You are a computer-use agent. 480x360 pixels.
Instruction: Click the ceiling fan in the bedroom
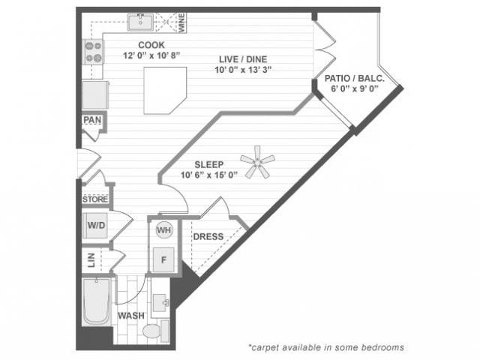pos(257,162)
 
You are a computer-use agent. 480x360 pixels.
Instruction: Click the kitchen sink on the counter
pos(140,23)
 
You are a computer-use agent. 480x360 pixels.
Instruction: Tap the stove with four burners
pos(94,52)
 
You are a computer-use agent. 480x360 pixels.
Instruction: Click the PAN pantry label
pos(93,119)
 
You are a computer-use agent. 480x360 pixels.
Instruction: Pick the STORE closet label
pos(95,199)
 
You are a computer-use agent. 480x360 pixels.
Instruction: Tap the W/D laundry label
pos(96,224)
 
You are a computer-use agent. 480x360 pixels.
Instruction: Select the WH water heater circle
pos(163,230)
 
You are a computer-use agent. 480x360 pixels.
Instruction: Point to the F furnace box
pos(163,260)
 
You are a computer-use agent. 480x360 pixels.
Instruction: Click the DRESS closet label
pos(208,237)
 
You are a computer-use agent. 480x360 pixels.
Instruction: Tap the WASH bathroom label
pos(130,316)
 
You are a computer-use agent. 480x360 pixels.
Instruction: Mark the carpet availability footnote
pos(326,347)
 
